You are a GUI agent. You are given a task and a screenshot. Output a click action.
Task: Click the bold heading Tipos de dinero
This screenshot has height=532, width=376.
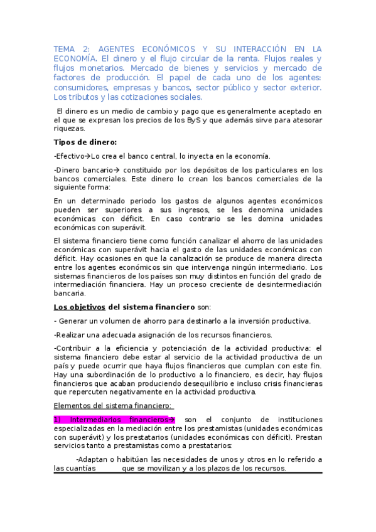coord(85,142)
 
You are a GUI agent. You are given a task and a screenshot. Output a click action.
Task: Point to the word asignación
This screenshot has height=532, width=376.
coord(140,335)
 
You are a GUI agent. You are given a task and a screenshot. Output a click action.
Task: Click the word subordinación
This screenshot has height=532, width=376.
coord(103,375)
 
